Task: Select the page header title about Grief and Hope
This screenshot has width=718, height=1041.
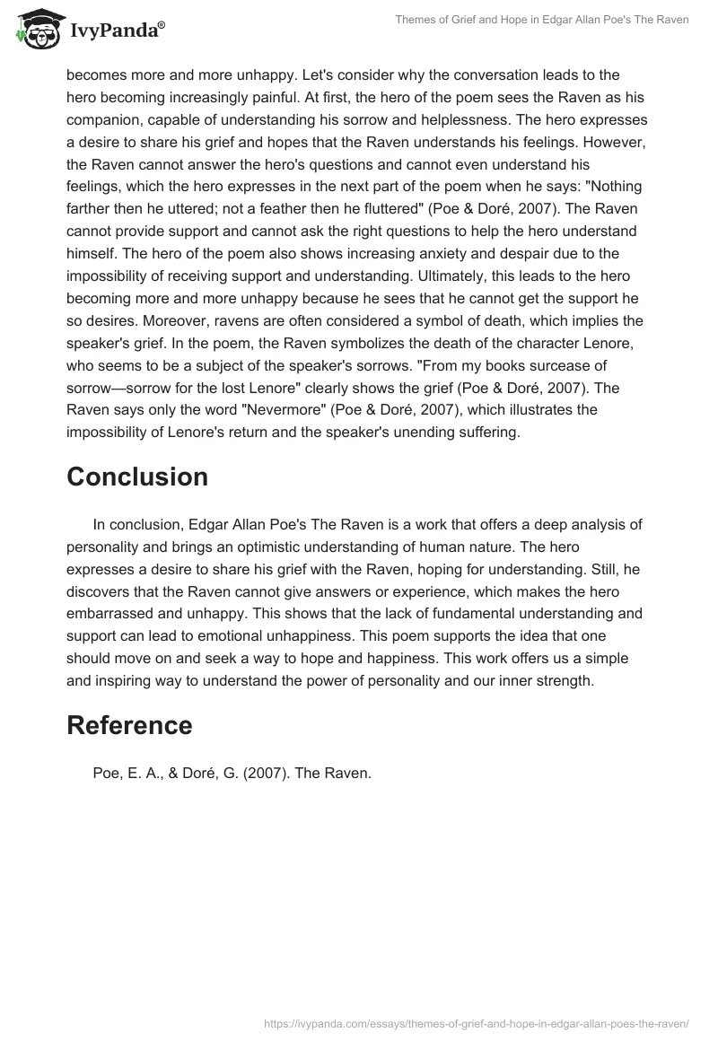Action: [542, 20]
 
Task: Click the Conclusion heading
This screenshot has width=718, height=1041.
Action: [137, 477]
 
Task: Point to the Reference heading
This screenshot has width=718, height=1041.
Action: [129, 725]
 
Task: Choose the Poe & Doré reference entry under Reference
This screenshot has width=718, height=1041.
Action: [232, 774]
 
